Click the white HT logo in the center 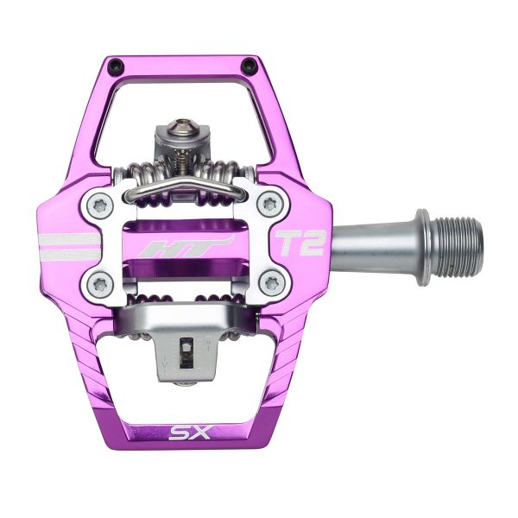click(186, 247)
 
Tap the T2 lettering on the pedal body click(299, 244)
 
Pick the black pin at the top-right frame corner click(250, 66)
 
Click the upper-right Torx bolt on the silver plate click(273, 205)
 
